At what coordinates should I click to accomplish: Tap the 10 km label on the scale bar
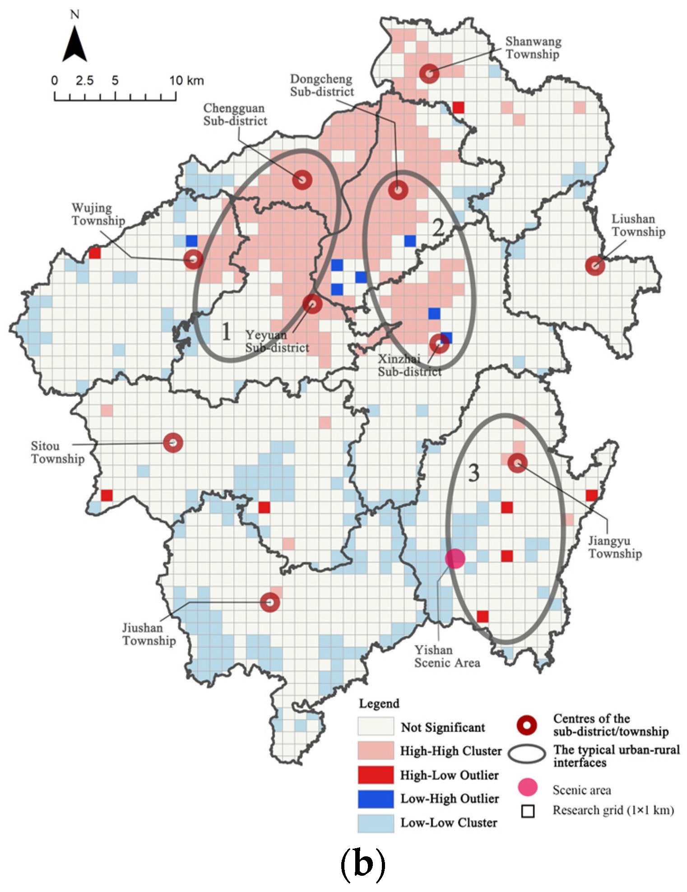(186, 81)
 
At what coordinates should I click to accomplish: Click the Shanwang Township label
(533, 47)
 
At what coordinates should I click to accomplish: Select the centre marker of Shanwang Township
(429, 73)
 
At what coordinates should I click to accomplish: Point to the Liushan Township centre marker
(595, 265)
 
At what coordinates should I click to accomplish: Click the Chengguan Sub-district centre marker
(302, 180)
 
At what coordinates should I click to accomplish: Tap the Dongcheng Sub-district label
(321, 85)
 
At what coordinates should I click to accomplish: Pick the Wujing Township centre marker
(193, 259)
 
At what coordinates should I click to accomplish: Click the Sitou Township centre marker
(173, 442)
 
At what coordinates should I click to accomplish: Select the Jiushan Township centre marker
(270, 602)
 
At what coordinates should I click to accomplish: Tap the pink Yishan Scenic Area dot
(455, 558)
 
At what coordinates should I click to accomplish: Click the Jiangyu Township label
(615, 547)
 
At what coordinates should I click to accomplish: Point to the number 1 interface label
(226, 331)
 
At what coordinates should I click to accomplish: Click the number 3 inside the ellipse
(473, 473)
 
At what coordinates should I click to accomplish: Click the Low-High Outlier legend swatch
(376, 799)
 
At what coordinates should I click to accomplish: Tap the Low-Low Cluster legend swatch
(376, 822)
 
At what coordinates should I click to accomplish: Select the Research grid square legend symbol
(528, 811)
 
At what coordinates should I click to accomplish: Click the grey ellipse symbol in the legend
(527, 754)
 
